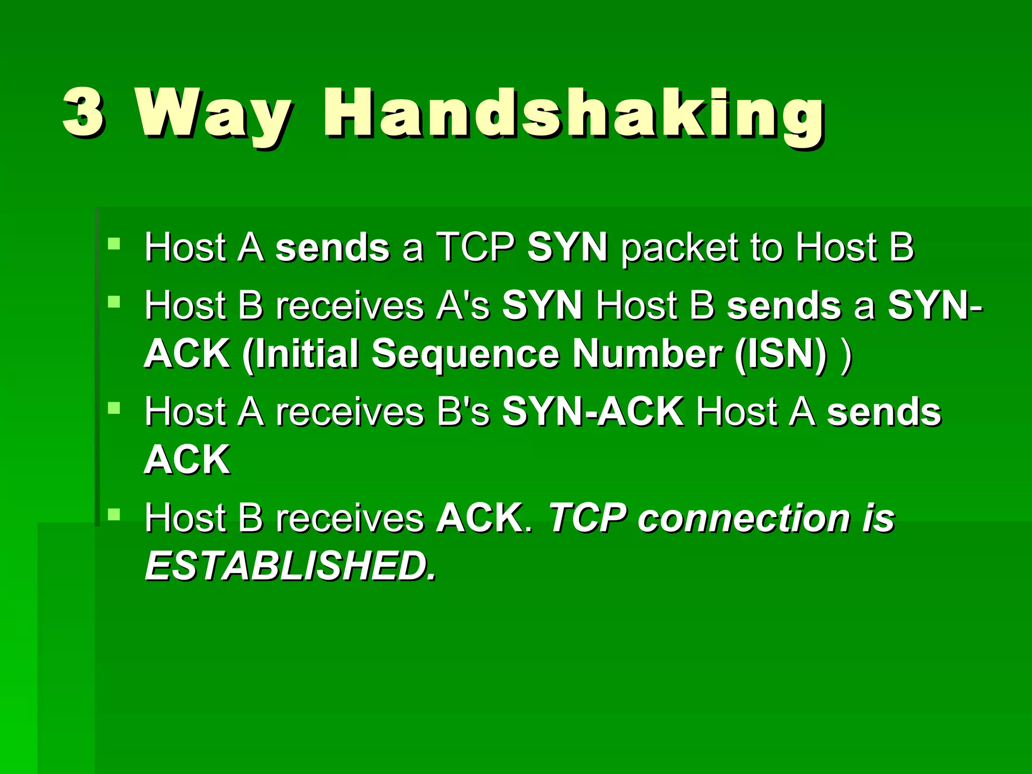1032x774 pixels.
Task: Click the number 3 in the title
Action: [x=84, y=112]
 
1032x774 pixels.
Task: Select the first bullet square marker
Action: [x=114, y=244]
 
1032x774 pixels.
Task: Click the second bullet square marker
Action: [x=114, y=302]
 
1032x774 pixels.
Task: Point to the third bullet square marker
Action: [x=114, y=408]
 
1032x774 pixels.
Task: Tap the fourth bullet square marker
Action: [x=114, y=514]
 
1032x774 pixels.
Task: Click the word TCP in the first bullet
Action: [x=475, y=247]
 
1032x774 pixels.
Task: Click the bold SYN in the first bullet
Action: [x=567, y=247]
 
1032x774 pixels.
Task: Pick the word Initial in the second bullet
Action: [x=301, y=354]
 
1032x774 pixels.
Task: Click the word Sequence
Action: [x=465, y=355]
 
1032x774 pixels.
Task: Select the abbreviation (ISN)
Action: [x=781, y=354]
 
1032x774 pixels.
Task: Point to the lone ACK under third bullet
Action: [x=187, y=460]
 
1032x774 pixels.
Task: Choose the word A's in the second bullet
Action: [x=463, y=306]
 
